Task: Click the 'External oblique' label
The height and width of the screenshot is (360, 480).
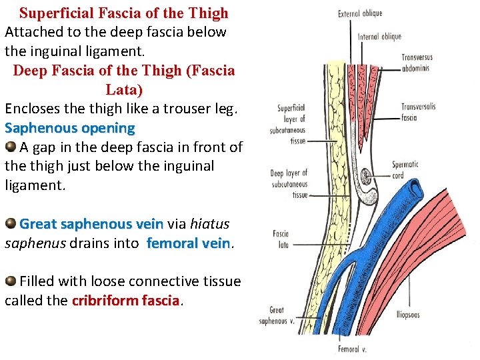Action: (359, 13)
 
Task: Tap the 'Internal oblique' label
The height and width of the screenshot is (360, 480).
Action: (379, 37)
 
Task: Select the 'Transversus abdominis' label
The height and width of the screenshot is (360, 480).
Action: (415, 62)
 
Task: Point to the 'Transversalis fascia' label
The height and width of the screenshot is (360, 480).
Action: (418, 112)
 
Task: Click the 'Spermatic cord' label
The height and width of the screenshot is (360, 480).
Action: (405, 169)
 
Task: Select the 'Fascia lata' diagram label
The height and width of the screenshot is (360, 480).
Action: (281, 239)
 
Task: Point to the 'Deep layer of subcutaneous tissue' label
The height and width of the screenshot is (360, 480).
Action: (289, 184)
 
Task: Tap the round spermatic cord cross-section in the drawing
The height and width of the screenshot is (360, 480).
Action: (366, 177)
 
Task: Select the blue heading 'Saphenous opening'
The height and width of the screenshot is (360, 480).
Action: (69, 127)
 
